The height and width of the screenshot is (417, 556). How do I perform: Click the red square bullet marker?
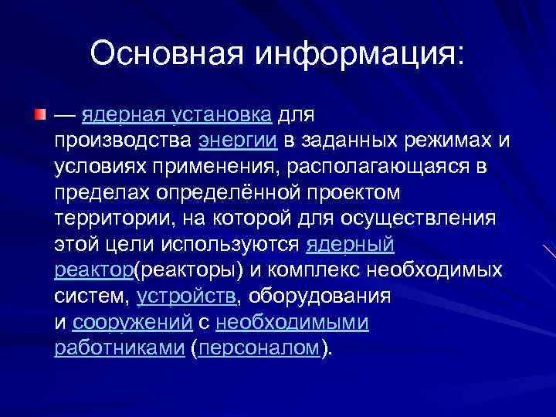pos(39,115)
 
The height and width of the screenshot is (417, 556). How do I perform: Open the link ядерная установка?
pos(176,116)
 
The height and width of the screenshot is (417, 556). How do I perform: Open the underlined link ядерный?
pos(351,245)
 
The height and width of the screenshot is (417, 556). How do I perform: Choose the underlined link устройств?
pos(186,297)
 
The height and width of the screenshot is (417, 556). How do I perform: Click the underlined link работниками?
pos(119,348)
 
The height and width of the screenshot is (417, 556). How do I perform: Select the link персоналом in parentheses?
pos(259,348)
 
